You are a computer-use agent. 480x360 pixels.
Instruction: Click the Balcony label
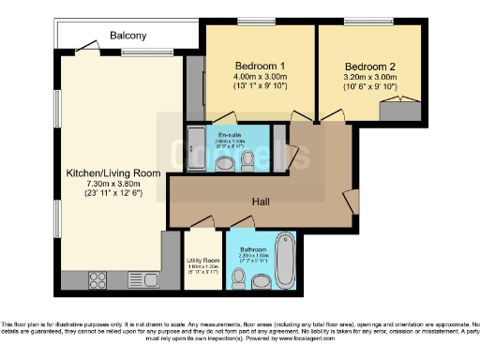point(127,36)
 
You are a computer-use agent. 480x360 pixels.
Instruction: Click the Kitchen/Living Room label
point(112,173)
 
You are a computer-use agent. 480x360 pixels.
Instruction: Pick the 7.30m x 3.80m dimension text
point(112,184)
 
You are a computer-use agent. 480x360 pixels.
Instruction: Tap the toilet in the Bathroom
point(264,281)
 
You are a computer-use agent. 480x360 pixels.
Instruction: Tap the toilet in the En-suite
point(247,161)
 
